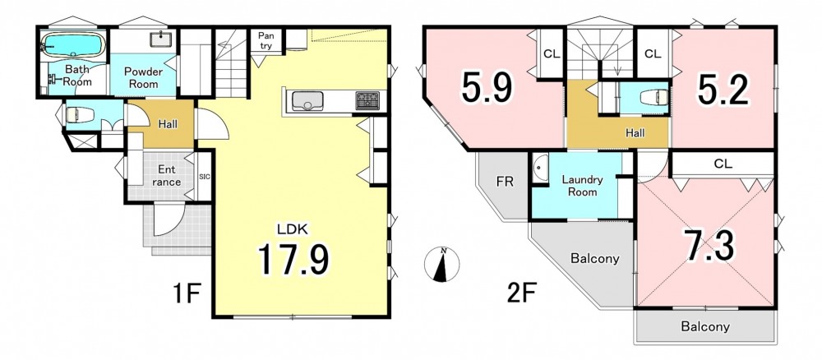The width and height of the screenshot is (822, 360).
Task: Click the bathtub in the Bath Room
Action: tap(73, 45)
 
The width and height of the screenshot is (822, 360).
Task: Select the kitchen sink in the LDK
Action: tap(307, 100)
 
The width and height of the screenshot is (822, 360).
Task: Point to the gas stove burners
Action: tap(367, 100)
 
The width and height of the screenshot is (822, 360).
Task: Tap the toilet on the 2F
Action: tap(655, 96)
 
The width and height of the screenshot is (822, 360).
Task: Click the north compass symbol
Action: tap(442, 264)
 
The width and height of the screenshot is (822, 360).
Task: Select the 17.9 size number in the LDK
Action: tap(293, 260)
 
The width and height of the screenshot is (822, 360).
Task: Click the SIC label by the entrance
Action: tap(205, 177)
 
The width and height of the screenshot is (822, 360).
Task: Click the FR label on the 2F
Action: tap(505, 182)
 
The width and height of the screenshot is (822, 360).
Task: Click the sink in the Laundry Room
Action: tap(539, 168)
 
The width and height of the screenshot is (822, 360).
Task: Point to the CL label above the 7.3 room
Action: tap(723, 164)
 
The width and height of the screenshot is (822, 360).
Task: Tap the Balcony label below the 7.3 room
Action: tap(705, 327)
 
